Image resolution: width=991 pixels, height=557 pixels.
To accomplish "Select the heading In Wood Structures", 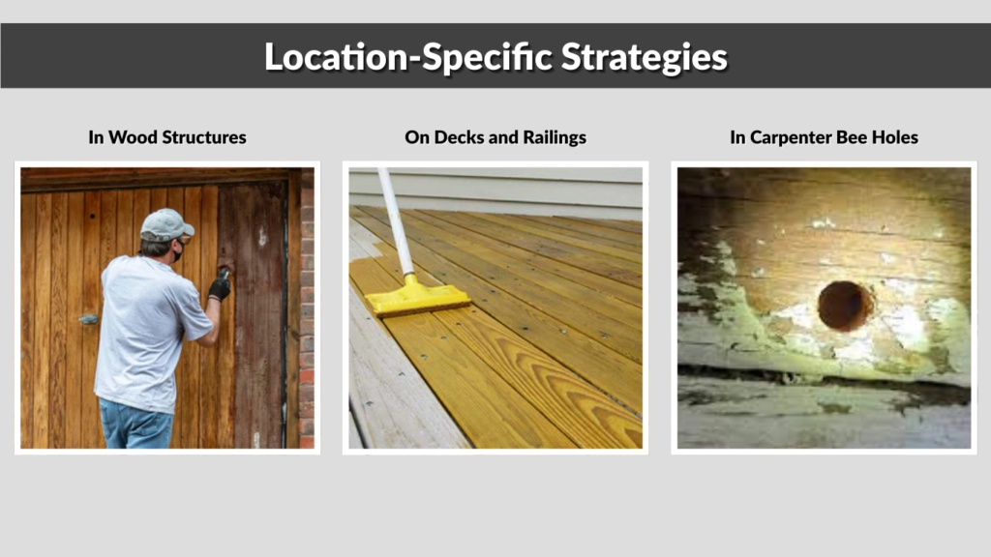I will point(167,137).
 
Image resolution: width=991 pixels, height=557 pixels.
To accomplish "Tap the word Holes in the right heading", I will point(895,137).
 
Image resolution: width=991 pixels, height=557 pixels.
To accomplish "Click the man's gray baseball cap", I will point(165,224).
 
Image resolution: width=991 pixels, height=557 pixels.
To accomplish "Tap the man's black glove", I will point(220,287).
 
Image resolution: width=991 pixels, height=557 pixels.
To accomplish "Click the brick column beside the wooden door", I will point(307,309).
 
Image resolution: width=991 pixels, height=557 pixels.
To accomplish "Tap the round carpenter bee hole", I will point(844,306).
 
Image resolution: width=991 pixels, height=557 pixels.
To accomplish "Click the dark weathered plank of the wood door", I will point(254,319).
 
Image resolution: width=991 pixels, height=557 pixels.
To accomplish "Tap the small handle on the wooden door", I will point(88,318).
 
